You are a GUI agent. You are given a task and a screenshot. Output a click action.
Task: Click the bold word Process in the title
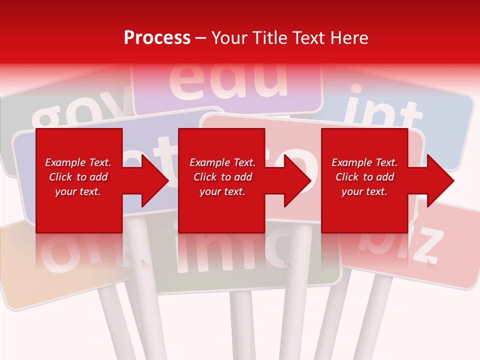(x=157, y=38)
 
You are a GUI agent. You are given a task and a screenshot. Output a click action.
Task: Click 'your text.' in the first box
(x=78, y=191)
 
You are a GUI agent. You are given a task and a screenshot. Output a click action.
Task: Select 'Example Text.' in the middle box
(x=222, y=162)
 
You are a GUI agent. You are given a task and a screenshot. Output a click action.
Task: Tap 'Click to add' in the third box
(x=365, y=177)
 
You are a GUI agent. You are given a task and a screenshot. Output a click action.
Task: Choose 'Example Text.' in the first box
(x=78, y=162)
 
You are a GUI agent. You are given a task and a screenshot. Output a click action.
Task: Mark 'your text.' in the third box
(x=364, y=191)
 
